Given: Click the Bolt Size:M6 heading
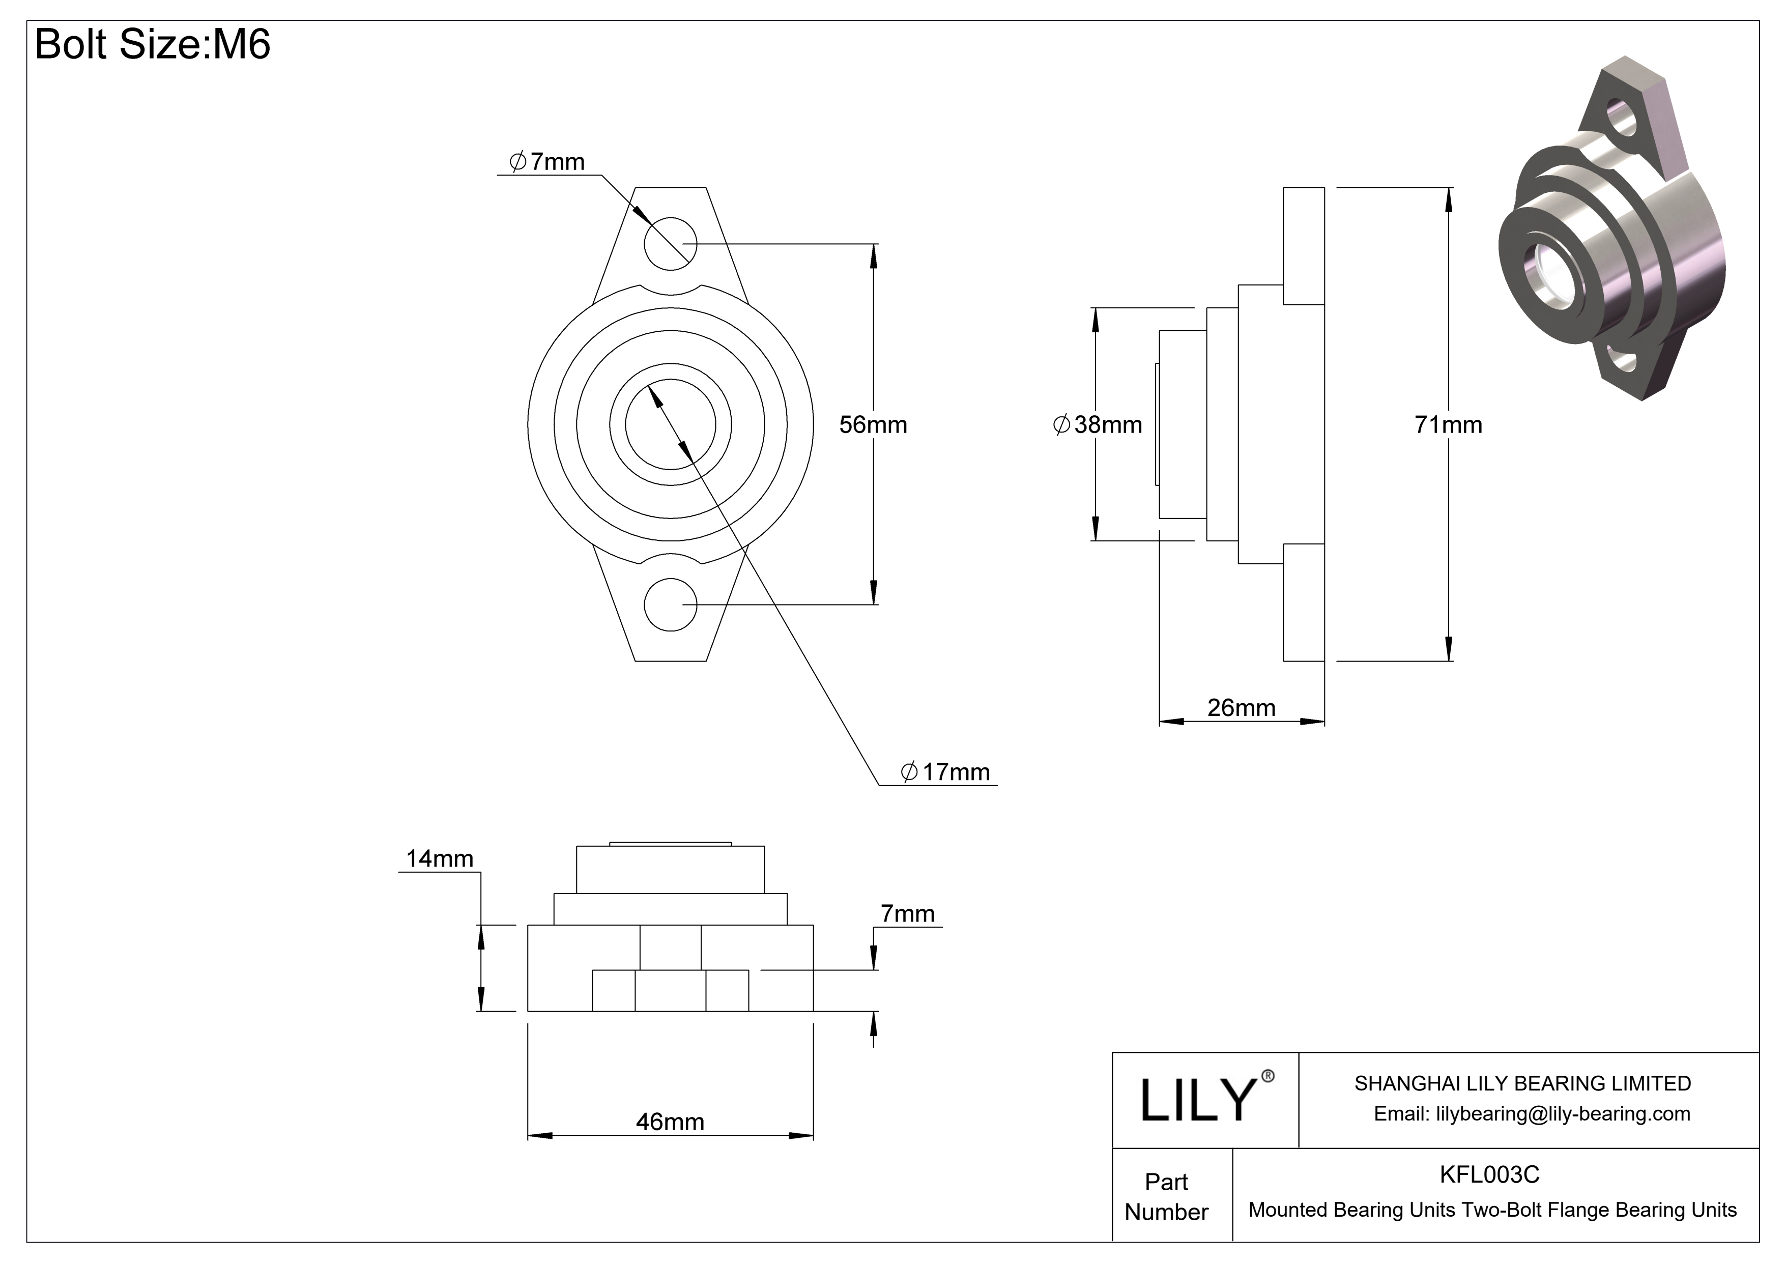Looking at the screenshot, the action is tap(153, 44).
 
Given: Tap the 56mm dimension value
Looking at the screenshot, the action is tap(873, 424).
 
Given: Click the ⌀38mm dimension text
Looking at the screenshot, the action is tap(1097, 424).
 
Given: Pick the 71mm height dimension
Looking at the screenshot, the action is tap(1449, 424).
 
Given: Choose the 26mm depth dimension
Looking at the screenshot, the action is tap(1242, 708).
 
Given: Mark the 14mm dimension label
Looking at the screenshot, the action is tap(440, 858).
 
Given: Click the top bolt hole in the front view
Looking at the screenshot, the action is tap(671, 243).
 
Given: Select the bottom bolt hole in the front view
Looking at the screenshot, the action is tap(671, 605).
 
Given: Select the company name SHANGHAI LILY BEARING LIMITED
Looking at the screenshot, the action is tap(1522, 1083).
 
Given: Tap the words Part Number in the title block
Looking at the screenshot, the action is tap(1166, 1197).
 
